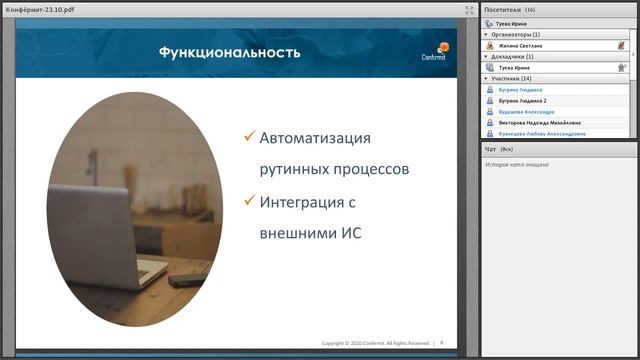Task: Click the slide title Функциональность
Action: (229, 52)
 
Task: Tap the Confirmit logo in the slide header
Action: (436, 52)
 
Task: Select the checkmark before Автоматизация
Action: (249, 136)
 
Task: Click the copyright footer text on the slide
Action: (375, 342)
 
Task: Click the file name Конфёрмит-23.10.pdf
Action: (43, 9)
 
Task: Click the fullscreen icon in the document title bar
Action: (470, 9)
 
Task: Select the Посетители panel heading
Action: (502, 9)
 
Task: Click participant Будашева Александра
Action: (526, 111)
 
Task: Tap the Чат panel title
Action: (490, 149)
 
